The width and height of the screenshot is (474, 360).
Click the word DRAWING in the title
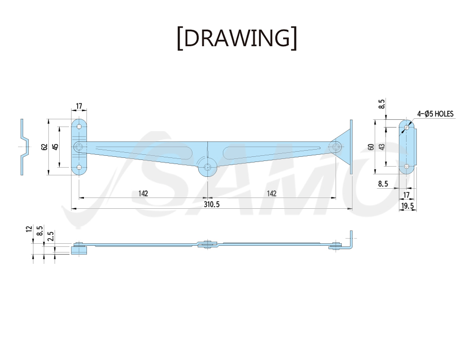tap(237, 38)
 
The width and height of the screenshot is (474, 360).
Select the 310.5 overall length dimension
tap(212, 205)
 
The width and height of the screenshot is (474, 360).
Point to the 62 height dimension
tap(44, 147)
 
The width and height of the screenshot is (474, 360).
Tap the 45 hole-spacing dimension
tap(55, 147)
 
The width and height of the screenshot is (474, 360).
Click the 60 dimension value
tap(371, 147)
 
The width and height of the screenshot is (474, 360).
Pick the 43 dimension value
tap(382, 147)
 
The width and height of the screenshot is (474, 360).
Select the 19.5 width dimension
tap(407, 206)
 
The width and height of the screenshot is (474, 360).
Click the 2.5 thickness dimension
tap(51, 236)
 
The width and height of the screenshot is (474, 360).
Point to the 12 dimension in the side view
tap(29, 229)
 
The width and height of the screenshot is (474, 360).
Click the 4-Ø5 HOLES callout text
tap(435, 114)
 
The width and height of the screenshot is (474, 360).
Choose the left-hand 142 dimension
tap(143, 193)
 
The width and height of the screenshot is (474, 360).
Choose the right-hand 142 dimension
tap(272, 193)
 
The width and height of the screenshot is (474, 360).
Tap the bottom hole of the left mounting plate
tap(79, 167)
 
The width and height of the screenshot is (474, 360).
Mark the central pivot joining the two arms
tap(208, 167)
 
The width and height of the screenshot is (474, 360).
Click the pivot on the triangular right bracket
tap(336, 147)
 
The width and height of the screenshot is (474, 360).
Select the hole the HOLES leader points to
tap(407, 128)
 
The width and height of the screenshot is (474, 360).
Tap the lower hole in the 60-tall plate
tap(407, 167)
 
